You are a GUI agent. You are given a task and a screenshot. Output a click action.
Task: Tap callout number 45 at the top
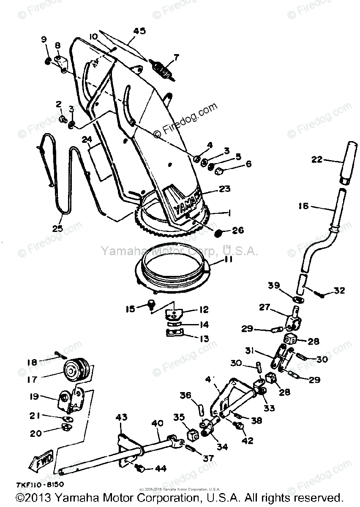tap(139, 30)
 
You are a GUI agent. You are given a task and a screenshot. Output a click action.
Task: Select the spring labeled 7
tap(163, 69)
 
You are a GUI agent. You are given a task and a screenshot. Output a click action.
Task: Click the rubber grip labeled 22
tap(349, 160)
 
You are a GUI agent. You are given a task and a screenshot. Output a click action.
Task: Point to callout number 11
tap(228, 261)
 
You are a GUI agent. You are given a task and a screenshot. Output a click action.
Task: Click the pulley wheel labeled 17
tap(73, 370)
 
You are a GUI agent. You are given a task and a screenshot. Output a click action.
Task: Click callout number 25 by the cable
tap(57, 229)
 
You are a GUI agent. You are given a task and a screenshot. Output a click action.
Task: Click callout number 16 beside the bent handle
tap(315, 207)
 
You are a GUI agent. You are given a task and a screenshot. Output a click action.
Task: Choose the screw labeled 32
tap(323, 295)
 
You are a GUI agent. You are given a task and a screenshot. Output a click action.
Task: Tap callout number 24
tap(87, 139)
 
